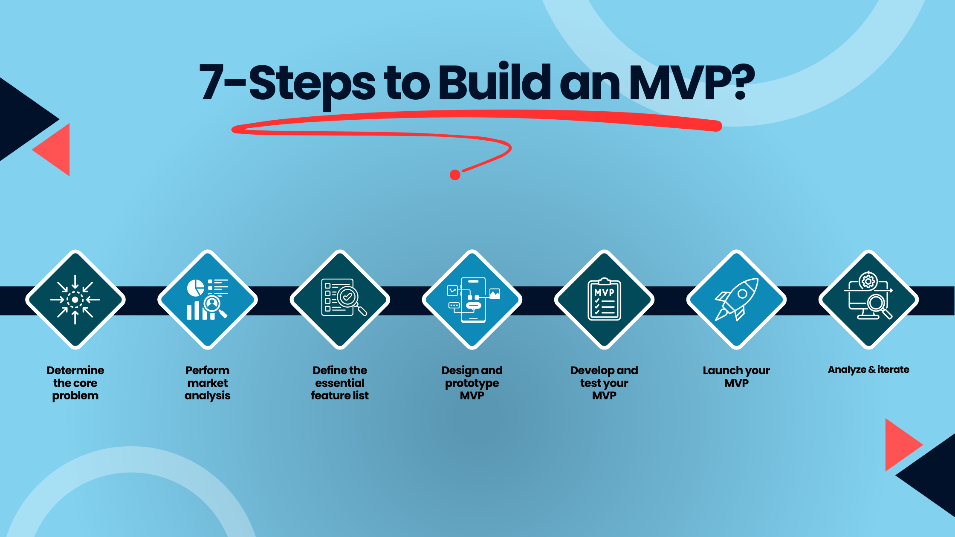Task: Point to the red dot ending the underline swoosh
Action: point(455,175)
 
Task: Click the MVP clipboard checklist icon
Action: point(604,300)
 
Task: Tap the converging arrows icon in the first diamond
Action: point(75,300)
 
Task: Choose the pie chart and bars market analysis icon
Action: point(208,300)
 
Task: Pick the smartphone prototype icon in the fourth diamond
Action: point(473,300)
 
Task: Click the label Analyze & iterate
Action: point(868,370)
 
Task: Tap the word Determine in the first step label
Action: point(75,370)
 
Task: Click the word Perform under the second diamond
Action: point(208,370)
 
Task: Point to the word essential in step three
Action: point(340,383)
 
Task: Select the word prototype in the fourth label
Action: point(472,383)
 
